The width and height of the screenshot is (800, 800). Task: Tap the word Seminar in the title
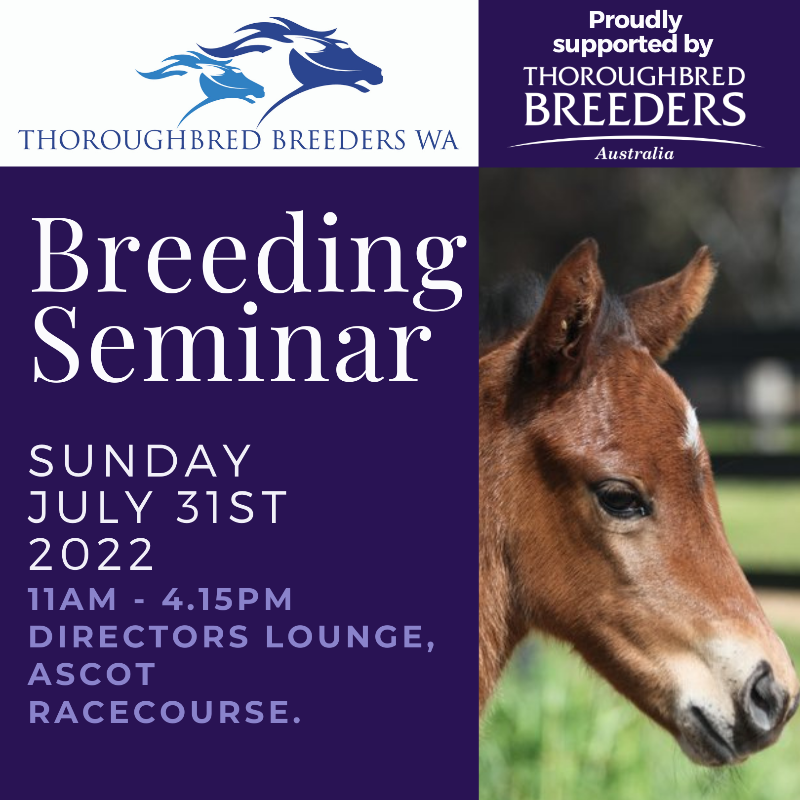(x=232, y=344)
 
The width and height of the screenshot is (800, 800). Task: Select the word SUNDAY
(x=140, y=461)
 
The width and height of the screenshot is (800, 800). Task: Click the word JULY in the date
(x=90, y=507)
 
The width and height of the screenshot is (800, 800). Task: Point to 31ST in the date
(x=232, y=507)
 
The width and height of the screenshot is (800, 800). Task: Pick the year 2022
(x=91, y=554)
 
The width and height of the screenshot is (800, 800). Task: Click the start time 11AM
(x=73, y=599)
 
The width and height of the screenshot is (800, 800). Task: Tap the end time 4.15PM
(x=227, y=599)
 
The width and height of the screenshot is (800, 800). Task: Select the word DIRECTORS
(x=139, y=637)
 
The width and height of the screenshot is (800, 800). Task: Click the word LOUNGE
(x=350, y=638)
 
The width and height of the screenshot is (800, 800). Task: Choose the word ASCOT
(x=92, y=675)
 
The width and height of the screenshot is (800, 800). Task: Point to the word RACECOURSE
(x=164, y=712)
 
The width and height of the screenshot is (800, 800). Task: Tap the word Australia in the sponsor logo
(x=635, y=154)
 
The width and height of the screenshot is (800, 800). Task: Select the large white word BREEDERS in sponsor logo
(x=635, y=109)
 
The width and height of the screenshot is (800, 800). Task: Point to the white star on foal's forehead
(x=691, y=425)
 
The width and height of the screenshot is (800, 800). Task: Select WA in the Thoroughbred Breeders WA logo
(x=438, y=140)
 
